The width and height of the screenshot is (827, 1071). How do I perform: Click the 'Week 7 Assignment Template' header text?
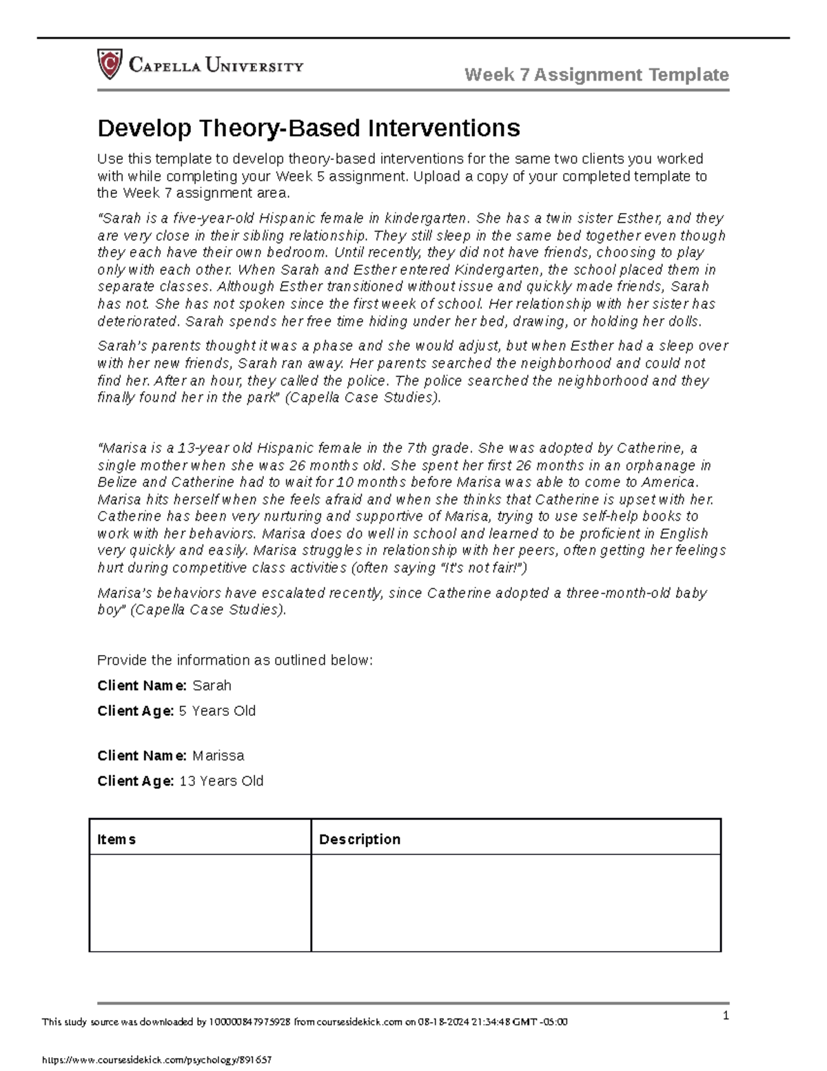596,74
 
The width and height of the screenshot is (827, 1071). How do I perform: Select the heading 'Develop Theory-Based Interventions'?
308,128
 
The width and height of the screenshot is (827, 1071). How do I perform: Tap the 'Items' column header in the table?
116,839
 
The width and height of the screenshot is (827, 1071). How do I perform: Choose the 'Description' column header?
359,839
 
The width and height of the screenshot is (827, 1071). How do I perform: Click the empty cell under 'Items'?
200,903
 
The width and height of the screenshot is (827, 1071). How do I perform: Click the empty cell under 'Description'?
515,903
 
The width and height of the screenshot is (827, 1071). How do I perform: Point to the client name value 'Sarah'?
212,685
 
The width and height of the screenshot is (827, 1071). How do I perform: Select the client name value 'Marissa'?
218,756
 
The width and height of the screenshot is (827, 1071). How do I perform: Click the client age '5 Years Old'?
217,711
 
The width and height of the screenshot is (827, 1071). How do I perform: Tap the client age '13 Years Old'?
221,781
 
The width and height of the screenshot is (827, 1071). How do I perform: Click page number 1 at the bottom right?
725,1016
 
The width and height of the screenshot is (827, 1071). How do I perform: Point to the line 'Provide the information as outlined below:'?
235,661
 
